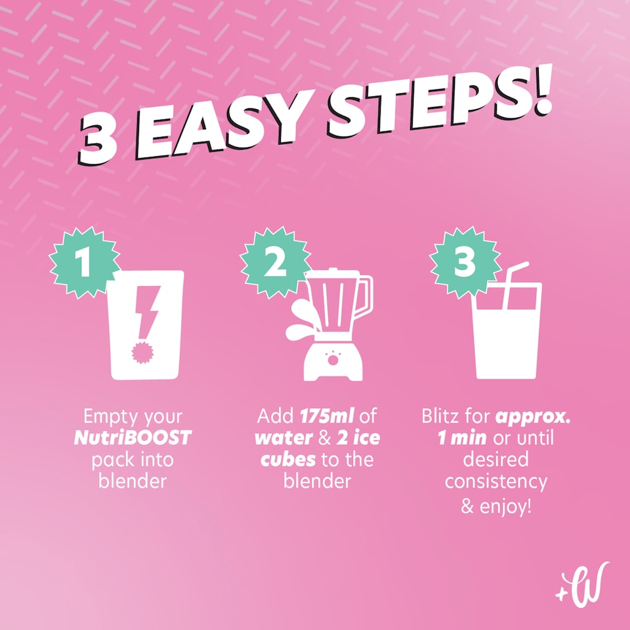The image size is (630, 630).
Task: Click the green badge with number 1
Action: (85, 262)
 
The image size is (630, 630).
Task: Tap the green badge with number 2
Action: (275, 262)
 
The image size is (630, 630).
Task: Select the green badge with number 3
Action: (465, 262)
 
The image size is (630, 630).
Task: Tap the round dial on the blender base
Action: (333, 360)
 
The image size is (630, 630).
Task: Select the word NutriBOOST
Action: (133, 438)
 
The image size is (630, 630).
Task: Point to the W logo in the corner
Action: (582, 585)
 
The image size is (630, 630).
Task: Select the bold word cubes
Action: (287, 459)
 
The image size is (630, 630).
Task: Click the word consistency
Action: (496, 482)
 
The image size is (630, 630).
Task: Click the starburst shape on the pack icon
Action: (142, 353)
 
